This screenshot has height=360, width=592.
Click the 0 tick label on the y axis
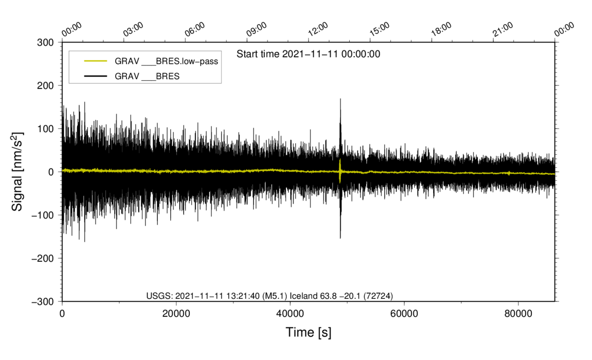[51, 172]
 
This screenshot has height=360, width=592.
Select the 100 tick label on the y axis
[47, 129]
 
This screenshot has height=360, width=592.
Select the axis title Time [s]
[309, 333]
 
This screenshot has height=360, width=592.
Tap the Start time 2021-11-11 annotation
[308, 54]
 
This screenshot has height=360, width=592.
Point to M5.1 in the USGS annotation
[275, 295]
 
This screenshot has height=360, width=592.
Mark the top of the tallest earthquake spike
[340, 99]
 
